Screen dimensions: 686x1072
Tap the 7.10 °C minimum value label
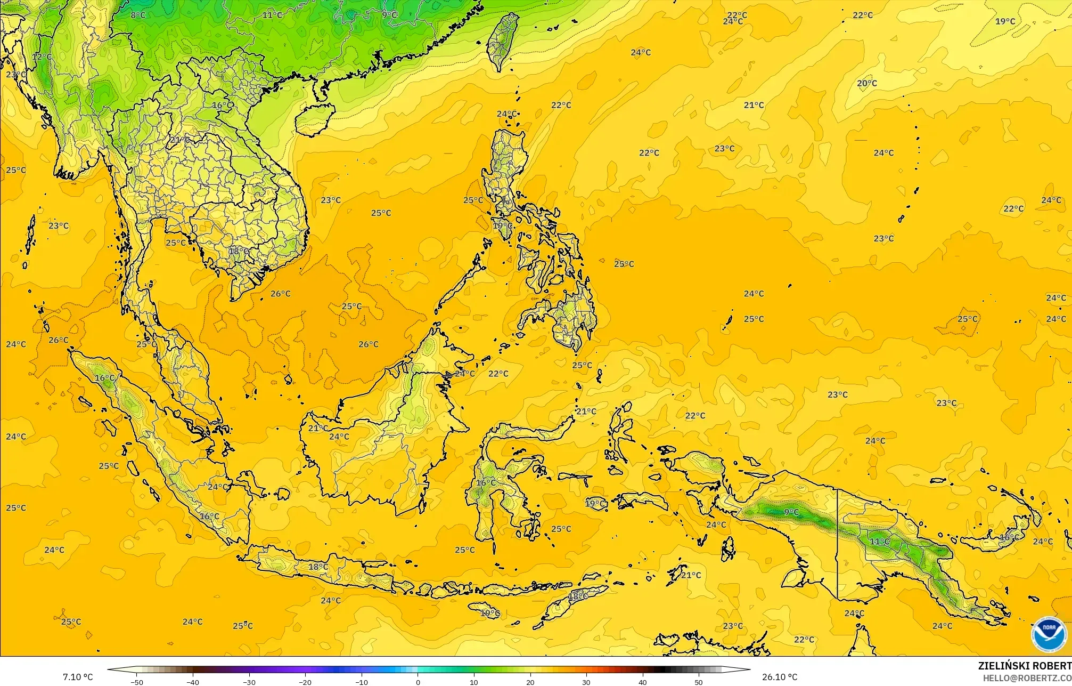[78, 677]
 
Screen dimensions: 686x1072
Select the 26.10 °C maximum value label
[780, 677]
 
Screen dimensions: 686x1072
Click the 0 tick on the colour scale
[418, 682]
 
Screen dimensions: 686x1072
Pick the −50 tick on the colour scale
[137, 682]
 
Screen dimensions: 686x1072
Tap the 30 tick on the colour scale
[586, 682]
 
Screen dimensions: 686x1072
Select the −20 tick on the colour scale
[305, 682]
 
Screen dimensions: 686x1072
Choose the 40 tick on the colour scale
[643, 682]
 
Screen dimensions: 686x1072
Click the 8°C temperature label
[138, 15]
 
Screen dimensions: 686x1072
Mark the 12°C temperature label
[42, 57]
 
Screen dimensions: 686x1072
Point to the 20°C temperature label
[867, 83]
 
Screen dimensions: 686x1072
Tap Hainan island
[314, 118]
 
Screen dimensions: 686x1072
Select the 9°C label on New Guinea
[791, 512]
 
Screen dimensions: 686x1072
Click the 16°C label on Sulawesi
[486, 483]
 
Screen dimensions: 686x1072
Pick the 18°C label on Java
[318, 567]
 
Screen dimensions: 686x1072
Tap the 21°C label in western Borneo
[318, 428]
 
